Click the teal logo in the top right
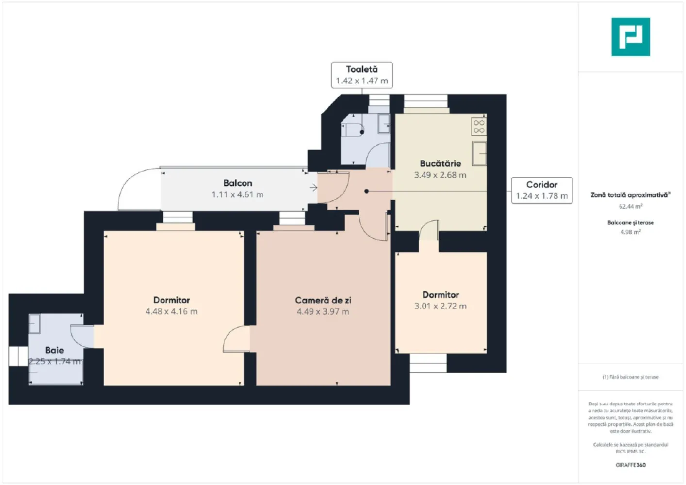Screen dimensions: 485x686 point(630,37)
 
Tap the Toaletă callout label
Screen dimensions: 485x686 point(362,75)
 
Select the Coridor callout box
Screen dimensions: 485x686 point(541,190)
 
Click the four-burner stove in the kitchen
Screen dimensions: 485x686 point(479,127)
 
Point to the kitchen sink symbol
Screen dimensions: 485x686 point(479,153)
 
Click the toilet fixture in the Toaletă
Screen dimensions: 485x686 point(353,130)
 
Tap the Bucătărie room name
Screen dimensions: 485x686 point(440,163)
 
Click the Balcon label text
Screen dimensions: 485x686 point(238,183)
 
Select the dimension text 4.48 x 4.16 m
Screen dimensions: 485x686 point(172,311)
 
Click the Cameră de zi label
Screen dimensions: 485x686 point(323,300)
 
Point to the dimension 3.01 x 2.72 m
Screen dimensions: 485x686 point(440,306)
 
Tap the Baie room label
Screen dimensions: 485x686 point(54,350)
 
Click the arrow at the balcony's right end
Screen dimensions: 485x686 point(313,188)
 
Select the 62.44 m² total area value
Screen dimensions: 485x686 point(630,206)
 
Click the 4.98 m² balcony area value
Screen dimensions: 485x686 point(630,232)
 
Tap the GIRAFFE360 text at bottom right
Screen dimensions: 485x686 point(630,465)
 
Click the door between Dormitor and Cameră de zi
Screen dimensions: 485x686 point(237,339)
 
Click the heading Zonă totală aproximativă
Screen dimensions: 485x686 point(630,195)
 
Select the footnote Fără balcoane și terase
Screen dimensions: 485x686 point(630,377)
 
